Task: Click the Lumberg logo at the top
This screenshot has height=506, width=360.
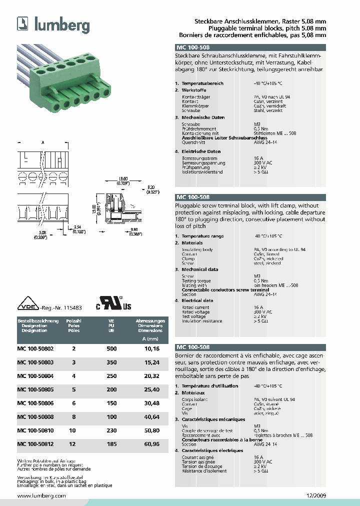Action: tap(53, 24)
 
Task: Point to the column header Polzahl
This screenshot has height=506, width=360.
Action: tap(73, 320)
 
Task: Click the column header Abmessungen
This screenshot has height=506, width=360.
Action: tap(150, 320)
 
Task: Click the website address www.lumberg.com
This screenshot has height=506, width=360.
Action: tap(41, 495)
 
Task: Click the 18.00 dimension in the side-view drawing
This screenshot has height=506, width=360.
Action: tap(123, 178)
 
